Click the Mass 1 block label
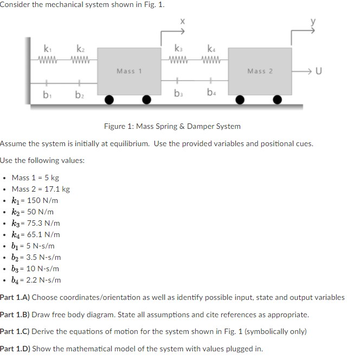129,71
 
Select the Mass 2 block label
260,71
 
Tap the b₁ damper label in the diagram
48,96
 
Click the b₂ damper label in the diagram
79,96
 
